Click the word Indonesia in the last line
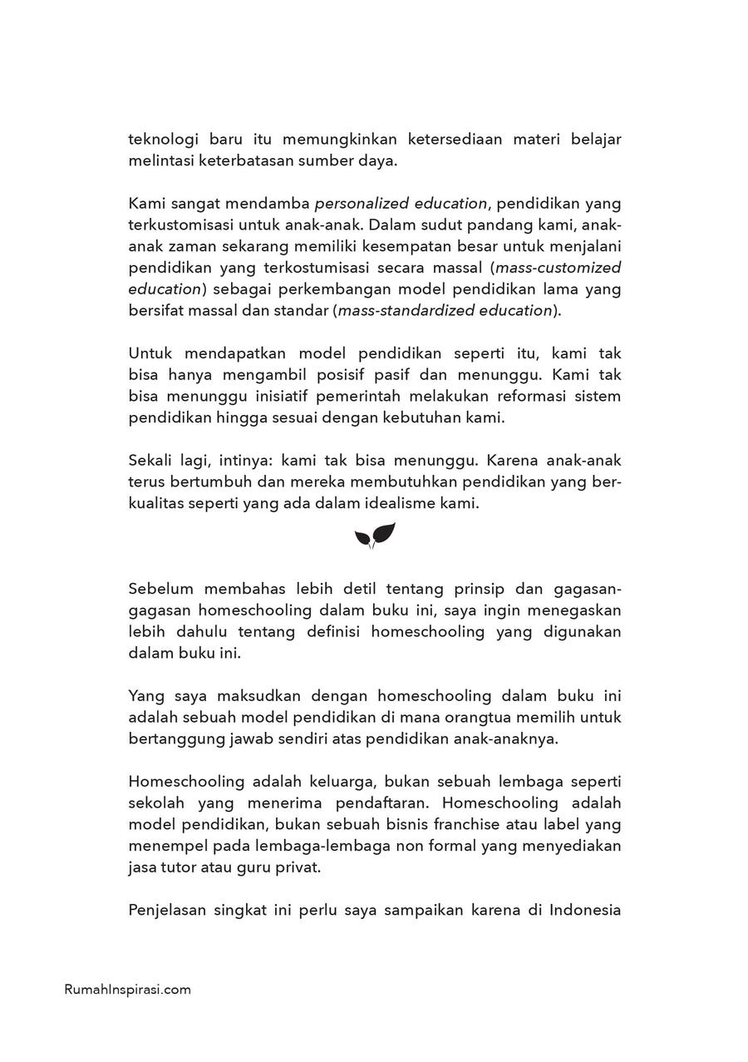[584, 910]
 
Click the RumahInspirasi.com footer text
[127, 990]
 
